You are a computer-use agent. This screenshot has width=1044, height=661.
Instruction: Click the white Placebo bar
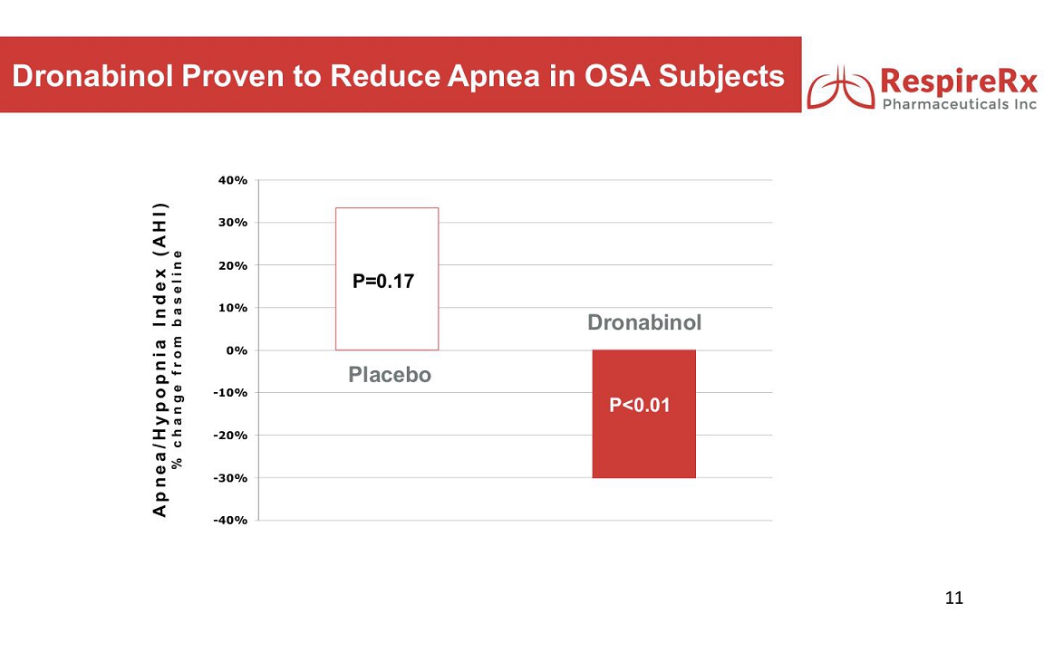[387, 279]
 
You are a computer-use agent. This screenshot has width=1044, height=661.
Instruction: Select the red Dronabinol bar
[643, 414]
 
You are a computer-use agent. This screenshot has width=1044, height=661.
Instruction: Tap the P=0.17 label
[382, 282]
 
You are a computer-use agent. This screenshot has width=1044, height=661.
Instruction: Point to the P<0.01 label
[639, 405]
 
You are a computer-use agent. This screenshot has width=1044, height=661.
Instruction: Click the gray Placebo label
[390, 374]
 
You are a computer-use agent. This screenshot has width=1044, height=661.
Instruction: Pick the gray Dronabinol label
[643, 322]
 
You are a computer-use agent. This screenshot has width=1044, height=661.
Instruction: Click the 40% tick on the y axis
[232, 180]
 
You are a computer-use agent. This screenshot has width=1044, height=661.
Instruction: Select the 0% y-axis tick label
[237, 350]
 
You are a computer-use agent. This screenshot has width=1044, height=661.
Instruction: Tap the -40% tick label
[229, 521]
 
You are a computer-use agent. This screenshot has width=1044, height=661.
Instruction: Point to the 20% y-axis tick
[232, 265]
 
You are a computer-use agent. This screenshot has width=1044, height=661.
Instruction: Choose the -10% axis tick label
[229, 393]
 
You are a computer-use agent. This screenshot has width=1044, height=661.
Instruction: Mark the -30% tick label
[229, 478]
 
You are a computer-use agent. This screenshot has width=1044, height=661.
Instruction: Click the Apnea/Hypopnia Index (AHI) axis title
[159, 359]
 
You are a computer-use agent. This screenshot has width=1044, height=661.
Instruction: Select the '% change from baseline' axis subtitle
[177, 359]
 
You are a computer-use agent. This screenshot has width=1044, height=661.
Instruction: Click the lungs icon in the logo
[840, 88]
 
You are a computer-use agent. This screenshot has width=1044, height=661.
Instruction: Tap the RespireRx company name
[958, 81]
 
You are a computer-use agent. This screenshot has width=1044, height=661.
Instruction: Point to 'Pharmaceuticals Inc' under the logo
[959, 104]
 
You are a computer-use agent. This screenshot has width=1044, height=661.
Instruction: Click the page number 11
[954, 598]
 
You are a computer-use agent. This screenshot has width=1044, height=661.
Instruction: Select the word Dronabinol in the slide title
[92, 76]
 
